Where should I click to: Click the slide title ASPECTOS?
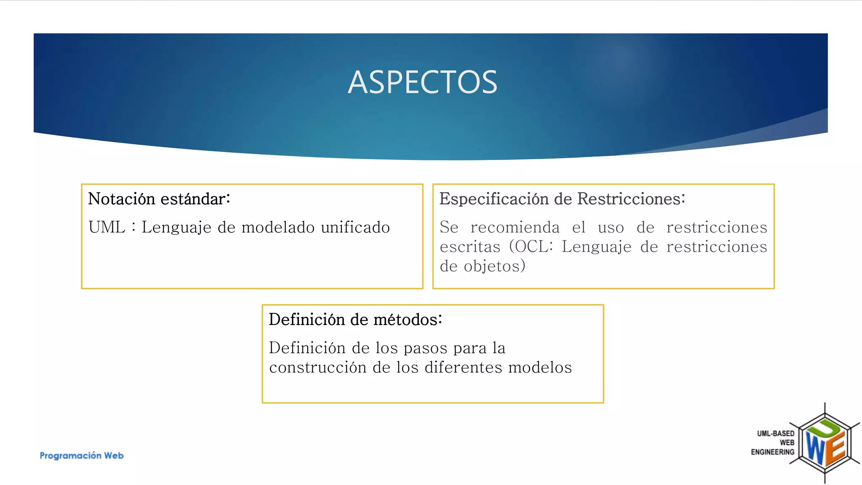pyautogui.click(x=423, y=82)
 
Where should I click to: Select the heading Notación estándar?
pyautogui.click(x=159, y=199)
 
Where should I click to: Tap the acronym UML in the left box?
pyautogui.click(x=107, y=227)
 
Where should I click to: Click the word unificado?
pyautogui.click(x=355, y=227)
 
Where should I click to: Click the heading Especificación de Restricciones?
pyautogui.click(x=562, y=199)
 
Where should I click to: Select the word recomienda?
pyautogui.click(x=515, y=227)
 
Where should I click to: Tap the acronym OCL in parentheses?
pyautogui.click(x=532, y=247)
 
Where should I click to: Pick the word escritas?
pyautogui.click(x=470, y=247)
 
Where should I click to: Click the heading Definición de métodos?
pyautogui.click(x=355, y=320)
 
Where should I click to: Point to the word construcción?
pyautogui.click(x=318, y=368)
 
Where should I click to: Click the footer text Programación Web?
pyautogui.click(x=82, y=456)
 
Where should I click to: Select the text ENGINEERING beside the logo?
pyautogui.click(x=772, y=452)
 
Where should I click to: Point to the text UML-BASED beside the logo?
pyautogui.click(x=775, y=433)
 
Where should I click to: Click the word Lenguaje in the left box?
pyautogui.click(x=176, y=227)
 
